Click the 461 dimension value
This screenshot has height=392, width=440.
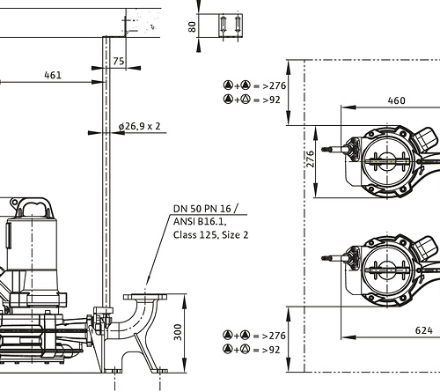[x=53, y=75]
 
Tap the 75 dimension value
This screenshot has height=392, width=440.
[x=119, y=61]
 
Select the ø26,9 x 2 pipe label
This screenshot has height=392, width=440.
[x=140, y=126]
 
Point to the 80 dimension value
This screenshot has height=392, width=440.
[x=192, y=26]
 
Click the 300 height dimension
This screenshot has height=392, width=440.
[x=178, y=332]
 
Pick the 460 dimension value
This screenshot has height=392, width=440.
[x=397, y=100]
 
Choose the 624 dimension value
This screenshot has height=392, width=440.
[x=424, y=330]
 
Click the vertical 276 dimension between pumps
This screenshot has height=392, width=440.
[x=311, y=159]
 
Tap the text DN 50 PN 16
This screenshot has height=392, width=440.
[x=202, y=209]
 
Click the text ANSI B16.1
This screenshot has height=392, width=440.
[x=200, y=221]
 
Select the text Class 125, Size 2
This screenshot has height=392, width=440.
[x=210, y=235]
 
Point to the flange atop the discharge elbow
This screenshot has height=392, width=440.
[x=145, y=297]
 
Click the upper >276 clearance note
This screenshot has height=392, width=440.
[x=254, y=85]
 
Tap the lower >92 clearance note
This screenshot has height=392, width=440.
[x=252, y=350]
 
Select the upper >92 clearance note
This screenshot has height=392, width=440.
[x=252, y=100]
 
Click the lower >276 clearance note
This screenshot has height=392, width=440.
[x=254, y=336]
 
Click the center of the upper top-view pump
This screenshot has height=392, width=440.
[x=388, y=161]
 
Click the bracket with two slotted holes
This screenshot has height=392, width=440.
[x=231, y=26]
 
